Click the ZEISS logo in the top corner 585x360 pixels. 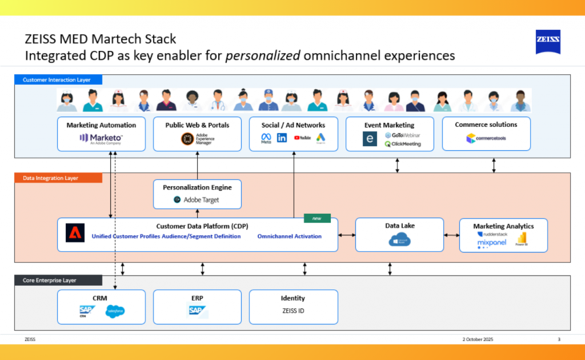547,42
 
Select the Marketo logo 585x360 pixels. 101,138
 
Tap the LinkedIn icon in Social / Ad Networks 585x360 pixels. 282,138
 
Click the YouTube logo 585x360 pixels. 302,138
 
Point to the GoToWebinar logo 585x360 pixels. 402,135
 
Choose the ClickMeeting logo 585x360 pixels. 402,144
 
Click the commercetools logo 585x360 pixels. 486,138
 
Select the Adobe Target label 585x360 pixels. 197,200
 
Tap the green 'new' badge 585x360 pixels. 317,218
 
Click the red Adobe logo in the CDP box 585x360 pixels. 75,233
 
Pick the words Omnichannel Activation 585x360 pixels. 289,237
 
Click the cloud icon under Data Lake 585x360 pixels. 399,241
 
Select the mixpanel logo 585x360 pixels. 491,243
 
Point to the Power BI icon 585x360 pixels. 521,239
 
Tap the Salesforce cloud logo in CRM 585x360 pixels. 115,311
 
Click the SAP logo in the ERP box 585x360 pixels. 198,310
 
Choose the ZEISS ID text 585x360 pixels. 293,311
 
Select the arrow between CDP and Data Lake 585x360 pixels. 346,235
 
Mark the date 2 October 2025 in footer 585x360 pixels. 478,339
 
